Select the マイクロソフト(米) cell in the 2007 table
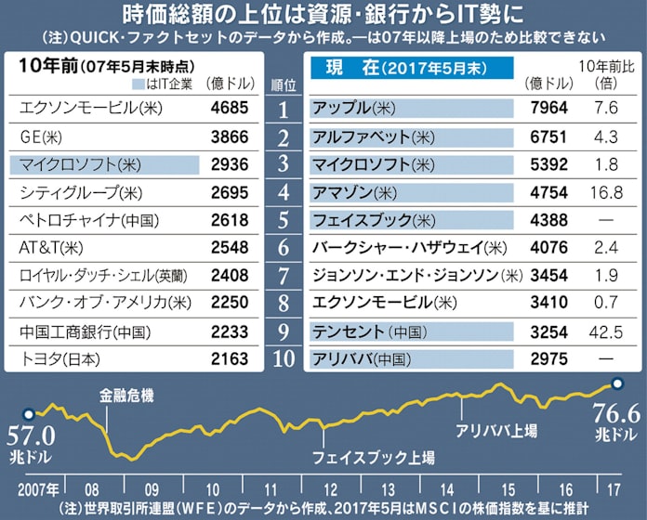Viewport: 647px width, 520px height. coord(103,165)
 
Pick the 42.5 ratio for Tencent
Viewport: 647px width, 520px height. coord(606,331)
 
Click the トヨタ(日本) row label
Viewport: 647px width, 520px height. coord(58,358)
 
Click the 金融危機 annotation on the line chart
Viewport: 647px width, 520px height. coord(126,395)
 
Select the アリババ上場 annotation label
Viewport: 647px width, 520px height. coord(495,431)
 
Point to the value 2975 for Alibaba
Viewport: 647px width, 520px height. coord(548,358)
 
